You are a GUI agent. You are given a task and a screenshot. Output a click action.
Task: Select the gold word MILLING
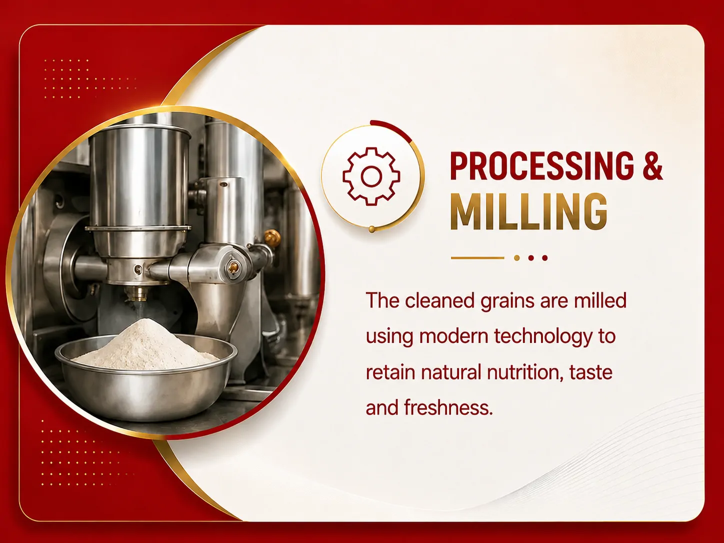point(528,211)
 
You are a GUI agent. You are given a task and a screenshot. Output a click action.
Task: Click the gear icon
point(371,176)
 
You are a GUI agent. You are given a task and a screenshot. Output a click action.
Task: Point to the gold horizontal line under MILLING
point(477,258)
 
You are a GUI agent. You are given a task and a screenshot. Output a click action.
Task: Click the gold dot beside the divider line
point(517,258)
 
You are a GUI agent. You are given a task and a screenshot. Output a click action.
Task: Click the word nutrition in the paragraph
point(525,372)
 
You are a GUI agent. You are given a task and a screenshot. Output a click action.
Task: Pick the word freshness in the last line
point(448,407)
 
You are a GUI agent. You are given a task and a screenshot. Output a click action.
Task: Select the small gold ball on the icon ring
point(371,229)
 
